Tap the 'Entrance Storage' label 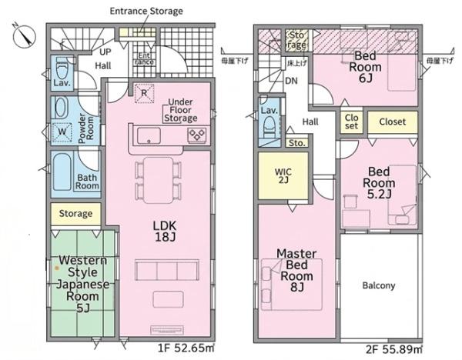tap(146, 12)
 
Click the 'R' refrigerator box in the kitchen tap(144, 93)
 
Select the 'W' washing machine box tap(62, 131)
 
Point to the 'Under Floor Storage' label tap(181, 110)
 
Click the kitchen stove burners tap(196, 135)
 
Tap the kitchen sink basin tap(149, 135)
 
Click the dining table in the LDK tap(158, 180)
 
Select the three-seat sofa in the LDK tap(167, 270)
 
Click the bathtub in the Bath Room tap(62, 172)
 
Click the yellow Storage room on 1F tap(75, 214)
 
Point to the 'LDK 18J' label tap(165, 232)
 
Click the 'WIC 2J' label tap(283, 175)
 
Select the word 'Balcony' tap(379, 285)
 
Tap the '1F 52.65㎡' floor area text tap(186, 348)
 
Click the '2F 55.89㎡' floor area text tap(394, 349)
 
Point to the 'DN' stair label tap(291, 81)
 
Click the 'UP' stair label tap(105, 52)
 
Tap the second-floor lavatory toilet tap(269, 127)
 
